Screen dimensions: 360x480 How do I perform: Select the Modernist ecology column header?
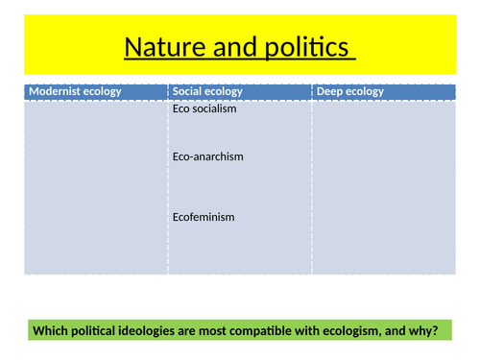pyautogui.click(x=75, y=91)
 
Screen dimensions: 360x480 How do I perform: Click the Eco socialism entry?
pyautogui.click(x=204, y=108)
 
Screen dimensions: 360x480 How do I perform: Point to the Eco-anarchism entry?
pyautogui.click(x=208, y=156)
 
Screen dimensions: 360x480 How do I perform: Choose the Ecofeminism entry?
pyautogui.click(x=204, y=217)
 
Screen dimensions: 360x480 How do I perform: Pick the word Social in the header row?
pyautogui.click(x=188, y=91)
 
